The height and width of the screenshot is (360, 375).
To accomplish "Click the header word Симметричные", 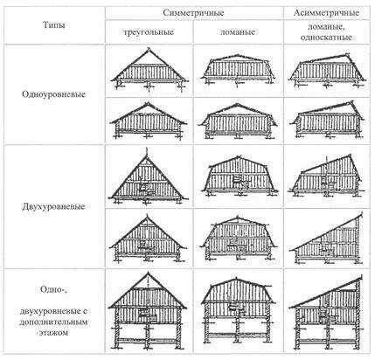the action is [x=193, y=13].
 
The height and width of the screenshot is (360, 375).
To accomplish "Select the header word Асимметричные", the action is [x=326, y=13].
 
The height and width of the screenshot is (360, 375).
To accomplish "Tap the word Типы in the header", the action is [x=54, y=25].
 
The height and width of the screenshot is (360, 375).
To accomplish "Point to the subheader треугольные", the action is [x=149, y=31].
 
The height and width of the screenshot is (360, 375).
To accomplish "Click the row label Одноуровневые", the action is [x=53, y=94].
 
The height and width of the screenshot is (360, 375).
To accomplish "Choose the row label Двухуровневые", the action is [x=53, y=206].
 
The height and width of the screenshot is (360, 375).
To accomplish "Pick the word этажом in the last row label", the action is [x=53, y=332].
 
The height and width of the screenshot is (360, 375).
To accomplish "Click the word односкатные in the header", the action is [x=326, y=38].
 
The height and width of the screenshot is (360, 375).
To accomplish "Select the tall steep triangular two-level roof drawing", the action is [x=148, y=177].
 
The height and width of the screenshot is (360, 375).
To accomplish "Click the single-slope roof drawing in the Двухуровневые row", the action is [x=327, y=239].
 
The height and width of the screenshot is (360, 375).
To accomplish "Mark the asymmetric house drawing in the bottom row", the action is [x=327, y=312].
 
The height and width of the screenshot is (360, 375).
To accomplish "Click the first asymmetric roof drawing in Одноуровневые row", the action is [x=326, y=71].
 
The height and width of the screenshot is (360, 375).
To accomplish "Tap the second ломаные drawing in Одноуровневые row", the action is [x=238, y=121].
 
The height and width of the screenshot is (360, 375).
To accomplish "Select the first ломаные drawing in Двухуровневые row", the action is [x=239, y=177].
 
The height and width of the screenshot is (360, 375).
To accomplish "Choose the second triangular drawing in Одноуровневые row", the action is [x=148, y=120].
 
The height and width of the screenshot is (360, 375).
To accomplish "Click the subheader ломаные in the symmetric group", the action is [x=238, y=31].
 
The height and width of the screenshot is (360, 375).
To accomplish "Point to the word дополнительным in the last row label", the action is [x=53, y=322].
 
